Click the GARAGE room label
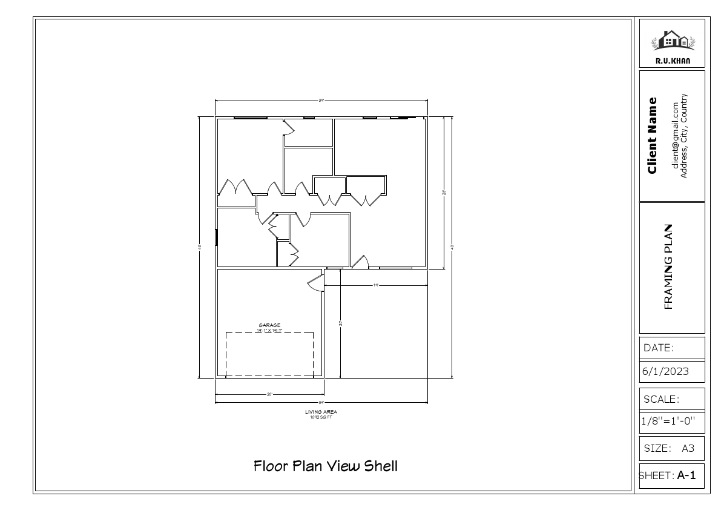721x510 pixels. pyautogui.click(x=269, y=325)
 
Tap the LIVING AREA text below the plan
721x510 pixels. pyautogui.click(x=321, y=412)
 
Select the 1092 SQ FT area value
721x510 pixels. pyautogui.click(x=321, y=417)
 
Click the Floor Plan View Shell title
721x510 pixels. pyautogui.click(x=326, y=466)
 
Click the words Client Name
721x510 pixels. pyautogui.click(x=652, y=135)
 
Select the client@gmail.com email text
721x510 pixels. pyautogui.click(x=676, y=135)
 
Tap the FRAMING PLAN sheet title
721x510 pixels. pyautogui.click(x=669, y=267)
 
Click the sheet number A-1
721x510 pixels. pyautogui.click(x=686, y=476)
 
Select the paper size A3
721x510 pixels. pyautogui.click(x=688, y=449)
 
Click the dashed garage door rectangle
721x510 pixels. pyautogui.click(x=269, y=354)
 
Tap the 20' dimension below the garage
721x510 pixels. pyautogui.click(x=269, y=394)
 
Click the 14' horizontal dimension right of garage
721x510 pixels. pyautogui.click(x=375, y=285)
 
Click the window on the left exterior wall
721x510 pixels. pyautogui.click(x=216, y=237)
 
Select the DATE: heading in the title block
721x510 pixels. pyautogui.click(x=659, y=348)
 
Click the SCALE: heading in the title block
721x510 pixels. pyautogui.click(x=661, y=399)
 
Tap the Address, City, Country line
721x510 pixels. pyautogui.click(x=684, y=135)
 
